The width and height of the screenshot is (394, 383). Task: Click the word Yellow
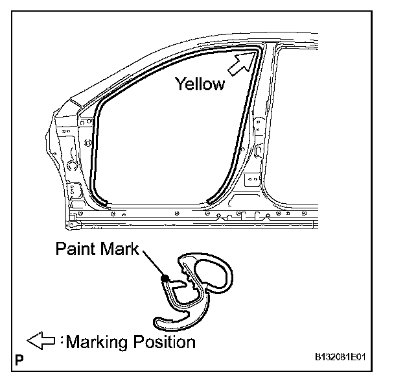click(200, 83)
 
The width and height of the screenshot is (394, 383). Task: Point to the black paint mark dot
click(166, 279)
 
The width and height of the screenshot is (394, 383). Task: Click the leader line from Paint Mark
click(152, 265)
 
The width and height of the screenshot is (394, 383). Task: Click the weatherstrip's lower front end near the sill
click(104, 201)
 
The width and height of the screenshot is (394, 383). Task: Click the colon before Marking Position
click(63, 340)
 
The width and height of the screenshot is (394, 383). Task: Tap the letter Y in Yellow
click(178, 83)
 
